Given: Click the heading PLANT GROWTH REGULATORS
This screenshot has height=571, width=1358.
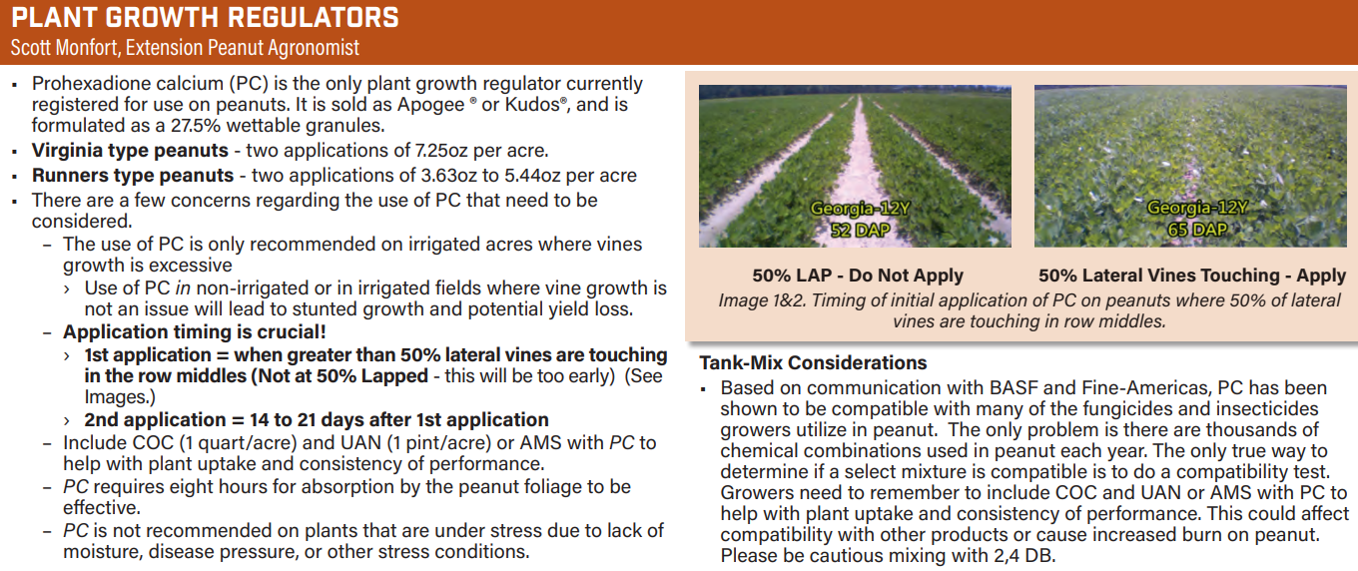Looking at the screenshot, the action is point(205,18).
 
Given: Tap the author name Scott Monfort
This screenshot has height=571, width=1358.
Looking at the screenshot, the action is point(64,47).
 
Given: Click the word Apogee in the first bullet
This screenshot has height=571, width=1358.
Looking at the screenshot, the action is point(431,104).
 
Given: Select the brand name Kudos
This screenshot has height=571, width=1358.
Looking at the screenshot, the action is point(532,104).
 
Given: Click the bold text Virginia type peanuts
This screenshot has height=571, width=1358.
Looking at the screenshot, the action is point(130,150).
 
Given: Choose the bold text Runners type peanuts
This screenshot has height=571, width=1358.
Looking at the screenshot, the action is point(133,175).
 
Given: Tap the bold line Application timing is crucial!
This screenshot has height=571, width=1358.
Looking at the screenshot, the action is point(195,332).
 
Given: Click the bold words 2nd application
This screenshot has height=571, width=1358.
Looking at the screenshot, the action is point(154,419).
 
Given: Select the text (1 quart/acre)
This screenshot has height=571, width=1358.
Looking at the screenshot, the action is point(238,442).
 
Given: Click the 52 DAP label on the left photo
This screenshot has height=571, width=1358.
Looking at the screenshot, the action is point(861,230).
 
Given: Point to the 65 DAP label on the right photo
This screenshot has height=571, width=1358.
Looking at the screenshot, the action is point(1197,230).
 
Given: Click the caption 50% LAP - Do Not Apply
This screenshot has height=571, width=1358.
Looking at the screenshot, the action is point(858,276).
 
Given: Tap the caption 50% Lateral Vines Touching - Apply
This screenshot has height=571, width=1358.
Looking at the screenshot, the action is point(1192,276).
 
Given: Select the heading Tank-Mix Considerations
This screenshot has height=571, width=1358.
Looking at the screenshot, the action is point(813,362).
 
